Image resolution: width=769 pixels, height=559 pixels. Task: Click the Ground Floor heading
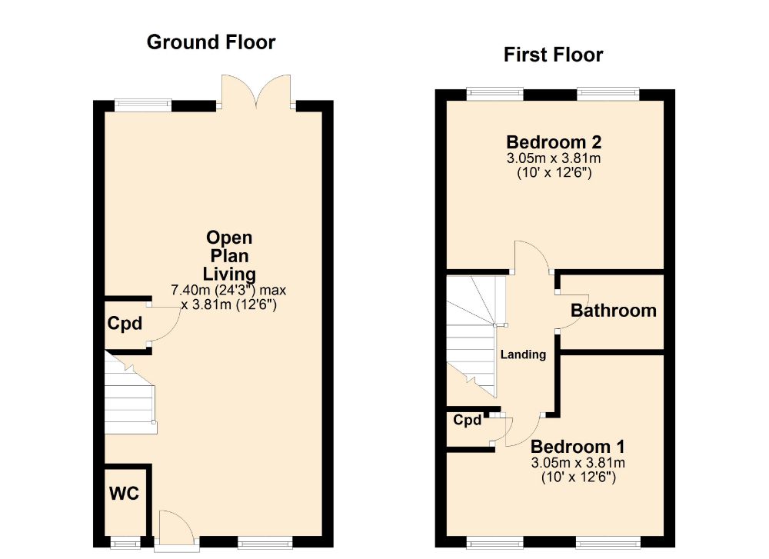click(211, 42)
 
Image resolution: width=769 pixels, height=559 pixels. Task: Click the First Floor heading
click(553, 55)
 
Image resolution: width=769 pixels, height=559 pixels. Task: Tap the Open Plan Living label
click(229, 255)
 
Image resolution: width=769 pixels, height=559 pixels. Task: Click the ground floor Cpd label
click(124, 324)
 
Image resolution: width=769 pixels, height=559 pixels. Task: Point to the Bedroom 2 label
click(553, 142)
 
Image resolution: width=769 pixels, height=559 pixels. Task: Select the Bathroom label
click(613, 311)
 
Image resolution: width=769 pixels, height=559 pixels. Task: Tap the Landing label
click(523, 354)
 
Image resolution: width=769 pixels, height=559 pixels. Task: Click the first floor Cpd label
click(467, 421)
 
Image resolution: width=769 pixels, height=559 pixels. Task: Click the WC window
click(122, 544)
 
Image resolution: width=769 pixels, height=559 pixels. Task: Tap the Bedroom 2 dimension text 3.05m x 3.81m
click(553, 159)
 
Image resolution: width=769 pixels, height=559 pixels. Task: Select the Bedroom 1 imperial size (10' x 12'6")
click(578, 477)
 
